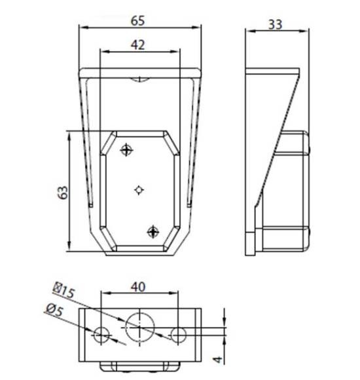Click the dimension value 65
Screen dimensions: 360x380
(x=137, y=20)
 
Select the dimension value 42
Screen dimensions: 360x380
(x=137, y=45)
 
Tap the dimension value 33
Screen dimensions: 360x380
(x=276, y=24)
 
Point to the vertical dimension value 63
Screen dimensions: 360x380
(x=63, y=193)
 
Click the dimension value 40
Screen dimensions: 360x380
(x=138, y=287)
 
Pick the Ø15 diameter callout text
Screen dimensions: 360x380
(x=63, y=290)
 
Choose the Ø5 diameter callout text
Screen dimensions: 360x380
(x=55, y=310)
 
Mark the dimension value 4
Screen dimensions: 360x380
(x=218, y=359)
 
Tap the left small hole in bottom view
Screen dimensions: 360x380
(x=101, y=335)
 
